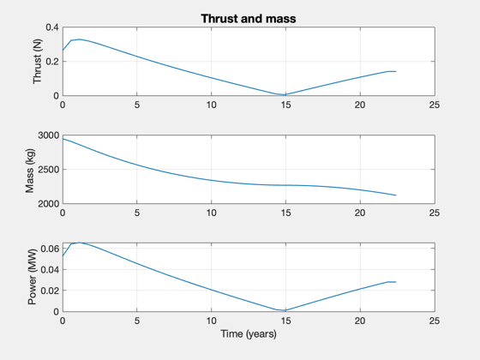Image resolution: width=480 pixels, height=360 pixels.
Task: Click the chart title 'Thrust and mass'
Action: (x=249, y=19)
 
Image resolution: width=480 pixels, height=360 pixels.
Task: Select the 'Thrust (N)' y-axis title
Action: (x=37, y=61)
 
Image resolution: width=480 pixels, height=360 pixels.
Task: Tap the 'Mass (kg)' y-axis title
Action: (x=30, y=171)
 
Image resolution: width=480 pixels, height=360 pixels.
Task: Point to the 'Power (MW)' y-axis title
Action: (x=32, y=277)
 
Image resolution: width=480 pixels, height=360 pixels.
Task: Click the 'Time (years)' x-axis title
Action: (x=249, y=333)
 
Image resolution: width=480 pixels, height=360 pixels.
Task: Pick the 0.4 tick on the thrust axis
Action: (x=52, y=27)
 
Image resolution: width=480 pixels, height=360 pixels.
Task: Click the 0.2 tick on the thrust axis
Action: (x=52, y=62)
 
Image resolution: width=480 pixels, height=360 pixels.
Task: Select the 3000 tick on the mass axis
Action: (x=48, y=135)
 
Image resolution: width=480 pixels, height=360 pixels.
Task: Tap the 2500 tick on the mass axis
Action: (x=48, y=170)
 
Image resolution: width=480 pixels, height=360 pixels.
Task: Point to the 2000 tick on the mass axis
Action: (x=48, y=204)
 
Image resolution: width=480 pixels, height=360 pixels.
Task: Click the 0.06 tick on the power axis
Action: (x=50, y=249)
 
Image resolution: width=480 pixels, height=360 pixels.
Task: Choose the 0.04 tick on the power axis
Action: (x=50, y=269)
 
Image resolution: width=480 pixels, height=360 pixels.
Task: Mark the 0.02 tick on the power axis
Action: (x=50, y=291)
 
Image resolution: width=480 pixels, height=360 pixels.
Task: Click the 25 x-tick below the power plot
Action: (x=435, y=321)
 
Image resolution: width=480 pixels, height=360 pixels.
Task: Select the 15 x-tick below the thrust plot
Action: (x=285, y=105)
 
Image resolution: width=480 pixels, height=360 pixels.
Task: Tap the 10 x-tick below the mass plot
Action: (x=211, y=213)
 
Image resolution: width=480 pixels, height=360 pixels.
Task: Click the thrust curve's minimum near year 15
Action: (x=285, y=94)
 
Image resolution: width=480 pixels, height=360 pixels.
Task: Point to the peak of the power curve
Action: (x=79, y=243)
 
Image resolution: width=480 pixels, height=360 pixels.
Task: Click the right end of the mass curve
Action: (x=396, y=195)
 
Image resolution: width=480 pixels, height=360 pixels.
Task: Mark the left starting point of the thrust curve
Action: (x=63, y=50)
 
